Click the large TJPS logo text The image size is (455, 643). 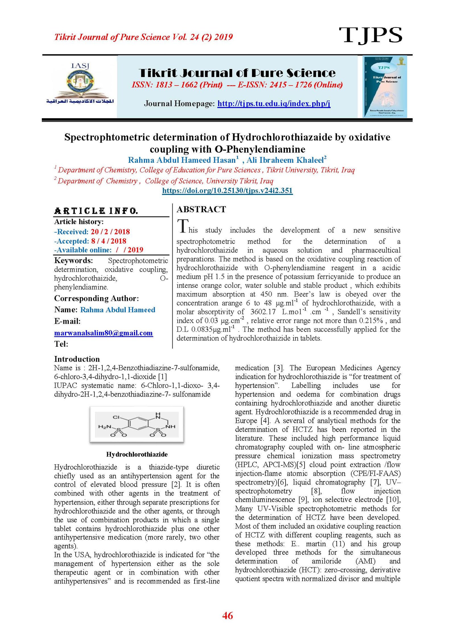pos(370,35)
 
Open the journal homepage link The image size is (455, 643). pos(274,103)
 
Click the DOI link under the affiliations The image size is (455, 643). pos(227,190)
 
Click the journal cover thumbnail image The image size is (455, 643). pos(384,86)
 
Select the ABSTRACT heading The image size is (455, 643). pos(201,209)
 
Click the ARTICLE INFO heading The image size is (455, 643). pos(96,211)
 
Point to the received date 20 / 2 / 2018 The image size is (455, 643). pos(110,232)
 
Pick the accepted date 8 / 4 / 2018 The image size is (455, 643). pos(108,241)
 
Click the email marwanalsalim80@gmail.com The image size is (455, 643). pos(104,333)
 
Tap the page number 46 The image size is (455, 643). pos(227,616)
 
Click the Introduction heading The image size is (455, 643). pos(77,359)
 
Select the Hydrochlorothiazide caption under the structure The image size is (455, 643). pos(137,454)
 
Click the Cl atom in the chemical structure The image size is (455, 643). pos(116,417)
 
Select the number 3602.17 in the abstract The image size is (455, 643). pos(263,312)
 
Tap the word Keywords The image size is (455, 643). pos(73,261)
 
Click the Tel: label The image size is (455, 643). pos(61,344)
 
